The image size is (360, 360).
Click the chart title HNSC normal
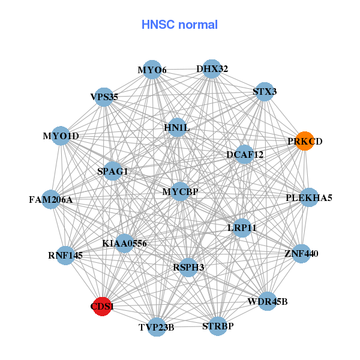179,25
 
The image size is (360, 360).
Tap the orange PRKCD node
305,141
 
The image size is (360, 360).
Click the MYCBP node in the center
180,191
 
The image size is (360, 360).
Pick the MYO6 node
152,70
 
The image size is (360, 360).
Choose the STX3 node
265,92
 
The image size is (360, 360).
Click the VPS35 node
104,96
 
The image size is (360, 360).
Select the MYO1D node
61,136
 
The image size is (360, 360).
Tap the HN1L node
176,127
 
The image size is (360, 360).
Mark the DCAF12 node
245,154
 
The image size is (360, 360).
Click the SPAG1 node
113,171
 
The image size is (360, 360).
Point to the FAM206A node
50,199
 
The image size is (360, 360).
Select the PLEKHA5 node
309,197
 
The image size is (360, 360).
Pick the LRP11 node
242,227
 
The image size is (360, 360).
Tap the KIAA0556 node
124,243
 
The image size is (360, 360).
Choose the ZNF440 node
301,254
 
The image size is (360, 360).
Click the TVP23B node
157,327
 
